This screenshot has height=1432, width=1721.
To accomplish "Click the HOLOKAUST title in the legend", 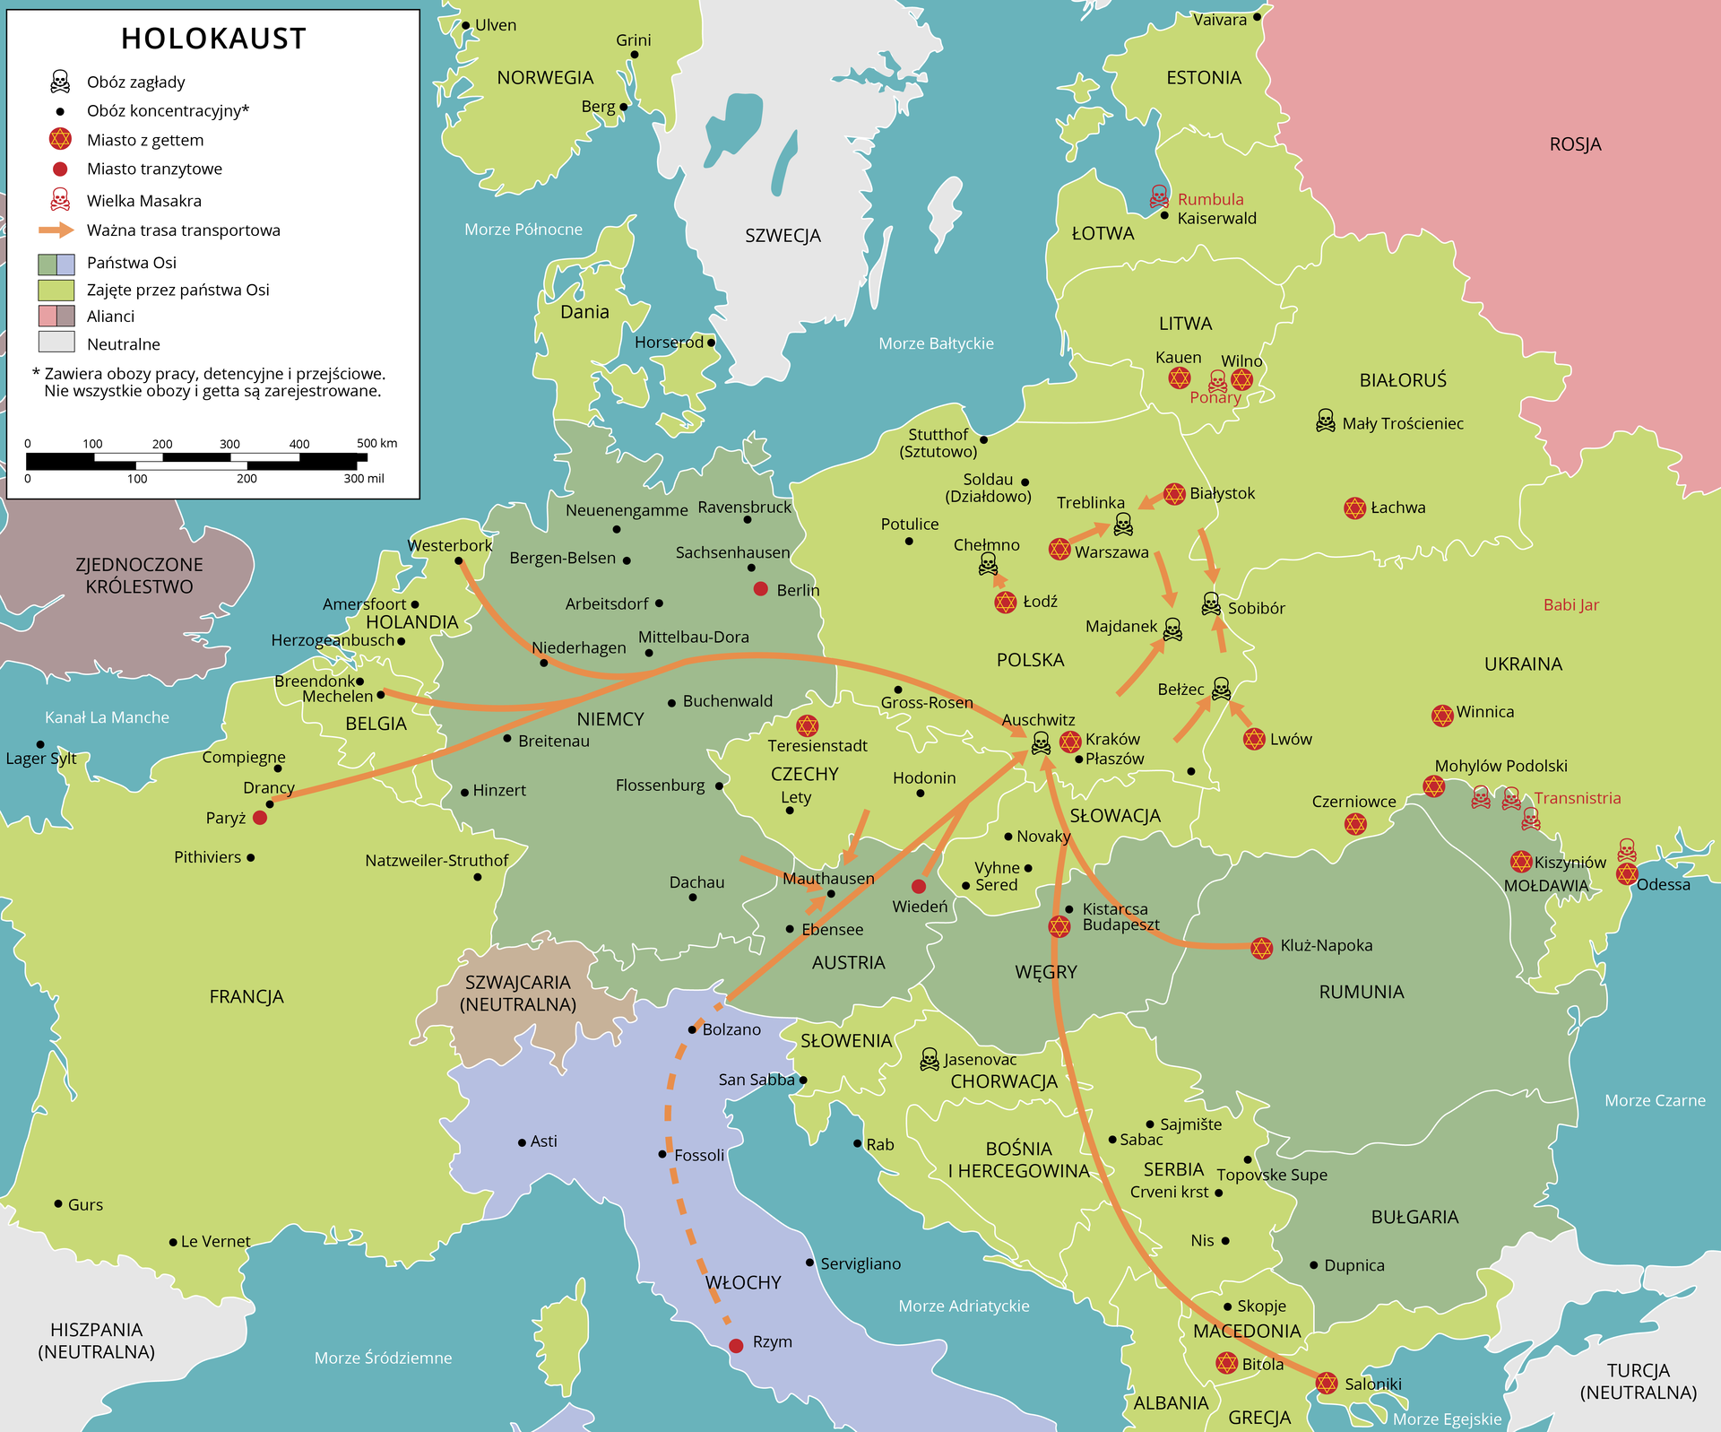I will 213,39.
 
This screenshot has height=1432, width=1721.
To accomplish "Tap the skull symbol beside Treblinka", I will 1123,524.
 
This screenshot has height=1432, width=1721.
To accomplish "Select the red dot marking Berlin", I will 761,589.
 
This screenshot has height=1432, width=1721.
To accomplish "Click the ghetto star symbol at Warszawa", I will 1059,549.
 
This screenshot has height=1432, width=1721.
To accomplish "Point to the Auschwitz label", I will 1038,720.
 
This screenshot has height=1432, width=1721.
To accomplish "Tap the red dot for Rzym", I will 736,1346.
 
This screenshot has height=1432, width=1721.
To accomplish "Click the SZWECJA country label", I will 783,236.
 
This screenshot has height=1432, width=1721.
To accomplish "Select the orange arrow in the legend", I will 56,230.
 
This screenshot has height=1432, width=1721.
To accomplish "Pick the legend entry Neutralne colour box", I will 56,342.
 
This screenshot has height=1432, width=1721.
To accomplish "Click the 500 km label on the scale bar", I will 376,443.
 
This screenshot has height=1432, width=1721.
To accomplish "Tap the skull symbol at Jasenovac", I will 930,1060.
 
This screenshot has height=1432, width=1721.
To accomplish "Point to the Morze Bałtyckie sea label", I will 936,343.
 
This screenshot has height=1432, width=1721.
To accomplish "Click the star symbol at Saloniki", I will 1327,1383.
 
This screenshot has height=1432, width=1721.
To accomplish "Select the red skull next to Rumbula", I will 1159,196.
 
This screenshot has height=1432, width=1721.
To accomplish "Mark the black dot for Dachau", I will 693,898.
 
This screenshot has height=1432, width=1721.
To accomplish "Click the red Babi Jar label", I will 1570,605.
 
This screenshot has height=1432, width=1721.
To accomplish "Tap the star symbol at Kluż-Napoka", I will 1262,948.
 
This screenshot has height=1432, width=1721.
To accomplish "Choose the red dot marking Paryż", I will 260,818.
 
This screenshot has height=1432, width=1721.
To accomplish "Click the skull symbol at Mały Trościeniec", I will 1325,421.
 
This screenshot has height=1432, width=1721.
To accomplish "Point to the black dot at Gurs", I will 58,1203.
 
